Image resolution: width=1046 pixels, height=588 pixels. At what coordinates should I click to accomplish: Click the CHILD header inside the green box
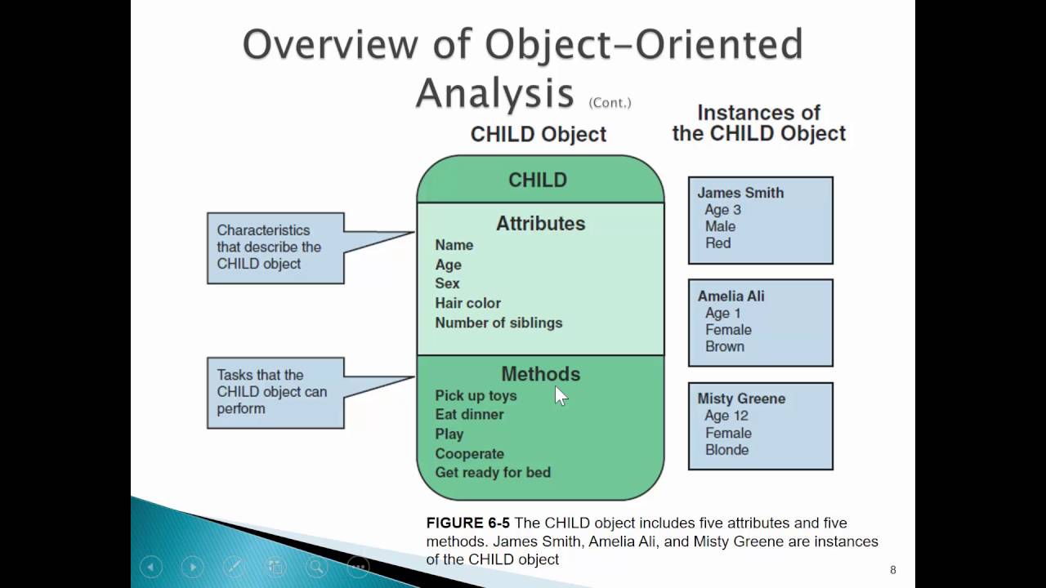[537, 180]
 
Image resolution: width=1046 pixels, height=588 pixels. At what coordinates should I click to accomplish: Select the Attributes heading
[540, 223]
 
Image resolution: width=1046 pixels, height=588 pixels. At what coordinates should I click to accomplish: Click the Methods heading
[540, 374]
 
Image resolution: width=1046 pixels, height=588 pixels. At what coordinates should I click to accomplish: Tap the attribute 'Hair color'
[467, 303]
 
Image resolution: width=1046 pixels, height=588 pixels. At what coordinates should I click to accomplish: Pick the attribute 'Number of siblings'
[498, 323]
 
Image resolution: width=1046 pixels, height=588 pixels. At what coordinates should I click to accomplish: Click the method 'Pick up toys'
[476, 395]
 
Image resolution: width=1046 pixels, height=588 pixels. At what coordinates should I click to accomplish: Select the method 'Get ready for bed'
[493, 472]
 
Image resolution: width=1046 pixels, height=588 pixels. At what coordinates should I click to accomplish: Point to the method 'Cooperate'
[469, 453]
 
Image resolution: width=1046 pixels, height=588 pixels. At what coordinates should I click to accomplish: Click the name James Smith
[740, 193]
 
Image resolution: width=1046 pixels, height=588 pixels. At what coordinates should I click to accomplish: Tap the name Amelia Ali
[731, 296]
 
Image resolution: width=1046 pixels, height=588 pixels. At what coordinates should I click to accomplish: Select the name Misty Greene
[740, 399]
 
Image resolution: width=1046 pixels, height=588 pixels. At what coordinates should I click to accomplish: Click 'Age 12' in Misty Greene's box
[726, 416]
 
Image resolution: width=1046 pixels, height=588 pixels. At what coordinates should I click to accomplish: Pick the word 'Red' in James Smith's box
[717, 243]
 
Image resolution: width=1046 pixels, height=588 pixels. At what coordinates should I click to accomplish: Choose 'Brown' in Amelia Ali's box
[724, 346]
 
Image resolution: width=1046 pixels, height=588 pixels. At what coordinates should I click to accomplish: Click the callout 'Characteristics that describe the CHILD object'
[275, 247]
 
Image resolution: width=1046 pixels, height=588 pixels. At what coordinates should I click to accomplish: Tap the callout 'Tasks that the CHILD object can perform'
[275, 392]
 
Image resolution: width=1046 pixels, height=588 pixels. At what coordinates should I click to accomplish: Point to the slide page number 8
[893, 570]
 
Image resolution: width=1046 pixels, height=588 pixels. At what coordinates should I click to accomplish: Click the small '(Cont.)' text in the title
[610, 103]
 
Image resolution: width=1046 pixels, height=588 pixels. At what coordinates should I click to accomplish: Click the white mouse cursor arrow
[560, 395]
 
